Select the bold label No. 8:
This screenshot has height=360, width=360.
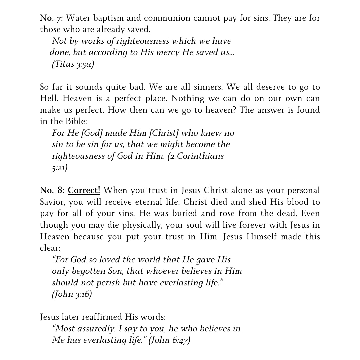point(51,191)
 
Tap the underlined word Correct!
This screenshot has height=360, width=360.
point(84,191)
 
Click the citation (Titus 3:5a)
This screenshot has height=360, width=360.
point(73,64)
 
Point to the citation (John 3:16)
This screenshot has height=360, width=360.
point(72,294)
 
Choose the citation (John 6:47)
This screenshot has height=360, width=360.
point(169,340)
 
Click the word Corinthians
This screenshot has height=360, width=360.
point(200,156)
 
